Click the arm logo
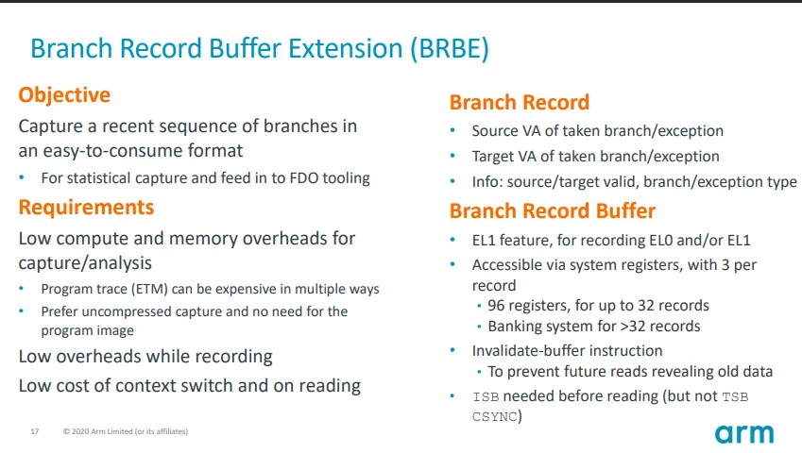coord(744,434)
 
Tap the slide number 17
coord(35,431)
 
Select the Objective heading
coord(64,95)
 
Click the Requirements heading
coord(87,208)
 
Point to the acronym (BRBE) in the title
coord(450,48)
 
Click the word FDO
coord(304,177)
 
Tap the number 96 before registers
coord(496,306)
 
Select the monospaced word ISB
coord(486,396)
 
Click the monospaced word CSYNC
coord(495,417)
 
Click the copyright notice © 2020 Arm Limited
coord(126,431)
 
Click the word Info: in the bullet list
coord(486,182)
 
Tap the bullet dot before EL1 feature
coord(452,239)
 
